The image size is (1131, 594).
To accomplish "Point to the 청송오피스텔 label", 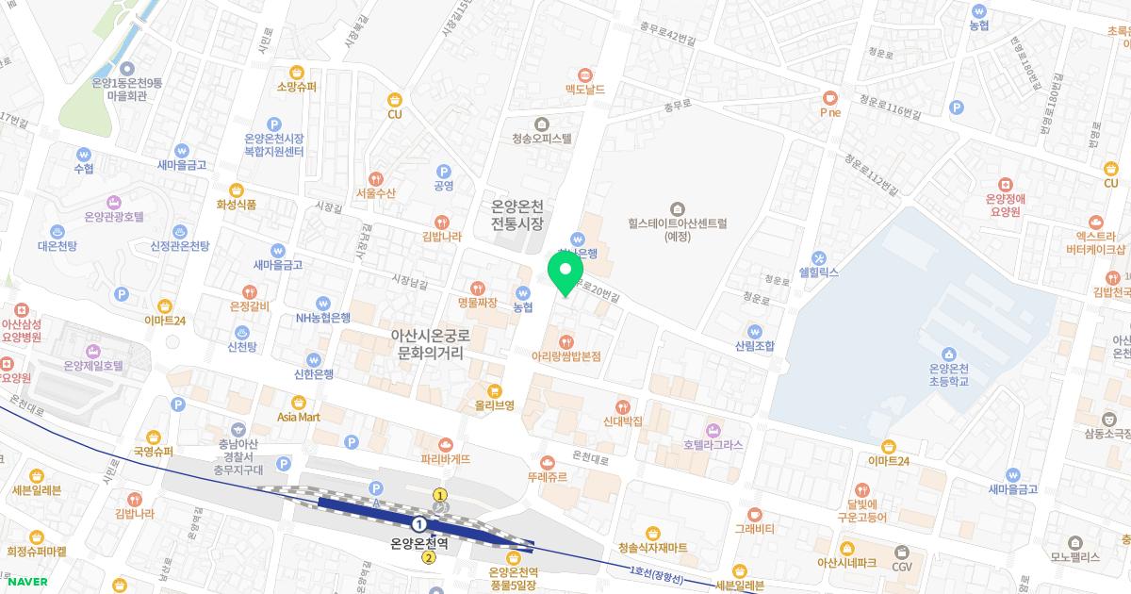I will [x=542, y=138].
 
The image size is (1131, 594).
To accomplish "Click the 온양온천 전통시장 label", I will [x=518, y=215].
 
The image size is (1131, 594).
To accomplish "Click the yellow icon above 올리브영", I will [x=494, y=390].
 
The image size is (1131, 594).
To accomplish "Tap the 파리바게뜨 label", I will [x=446, y=458].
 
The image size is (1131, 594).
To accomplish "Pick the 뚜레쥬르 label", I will [x=548, y=477].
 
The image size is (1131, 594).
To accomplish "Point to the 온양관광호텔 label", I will [x=114, y=216].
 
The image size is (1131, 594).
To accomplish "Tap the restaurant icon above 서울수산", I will [x=376, y=178].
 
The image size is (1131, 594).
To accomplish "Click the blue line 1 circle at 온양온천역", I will [x=418, y=522].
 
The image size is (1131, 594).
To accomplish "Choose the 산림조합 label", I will [x=755, y=346].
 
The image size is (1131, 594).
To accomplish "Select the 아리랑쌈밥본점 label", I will [x=566, y=355].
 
